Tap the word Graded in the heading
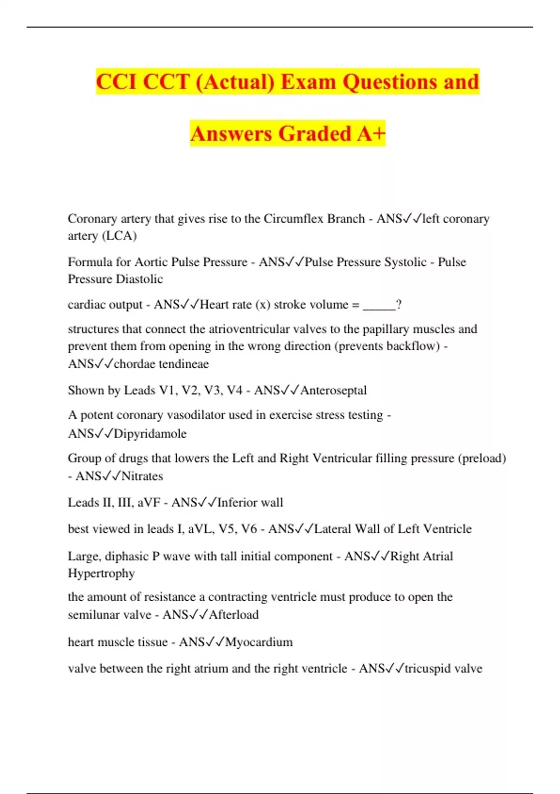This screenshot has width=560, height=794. click(x=315, y=134)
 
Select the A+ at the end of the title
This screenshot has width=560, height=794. click(x=371, y=134)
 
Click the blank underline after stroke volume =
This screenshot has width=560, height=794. click(x=379, y=305)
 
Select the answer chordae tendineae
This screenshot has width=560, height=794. click(x=161, y=364)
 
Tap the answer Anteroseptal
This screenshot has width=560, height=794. click(x=333, y=390)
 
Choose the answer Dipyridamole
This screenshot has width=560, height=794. click(x=150, y=433)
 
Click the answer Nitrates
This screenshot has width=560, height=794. click(x=142, y=476)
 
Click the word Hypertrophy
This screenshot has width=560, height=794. click(x=101, y=573)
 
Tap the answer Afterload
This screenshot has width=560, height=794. click(x=233, y=615)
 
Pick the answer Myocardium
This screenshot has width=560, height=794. click(x=259, y=642)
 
